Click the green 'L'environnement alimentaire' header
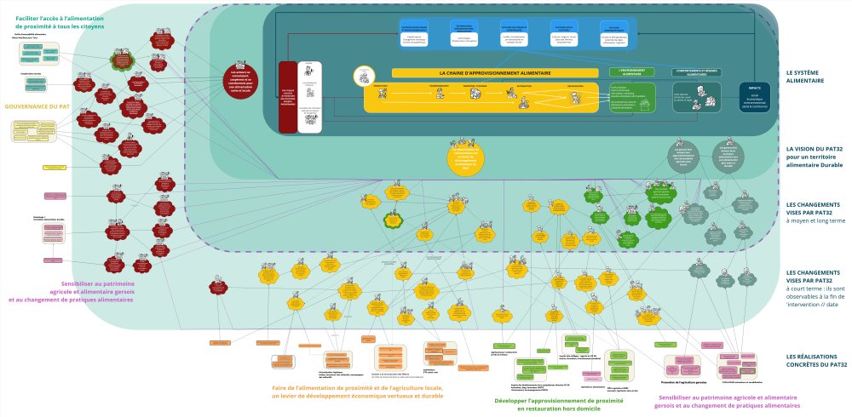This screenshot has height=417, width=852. (631, 73)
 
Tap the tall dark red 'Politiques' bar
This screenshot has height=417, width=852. (287, 97)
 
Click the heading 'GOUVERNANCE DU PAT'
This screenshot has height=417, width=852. (37, 106)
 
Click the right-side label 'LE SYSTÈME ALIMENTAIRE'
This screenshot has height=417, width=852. (804, 77)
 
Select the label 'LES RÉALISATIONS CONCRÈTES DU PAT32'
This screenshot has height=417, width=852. (816, 360)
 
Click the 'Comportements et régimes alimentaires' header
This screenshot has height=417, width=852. (697, 71)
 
